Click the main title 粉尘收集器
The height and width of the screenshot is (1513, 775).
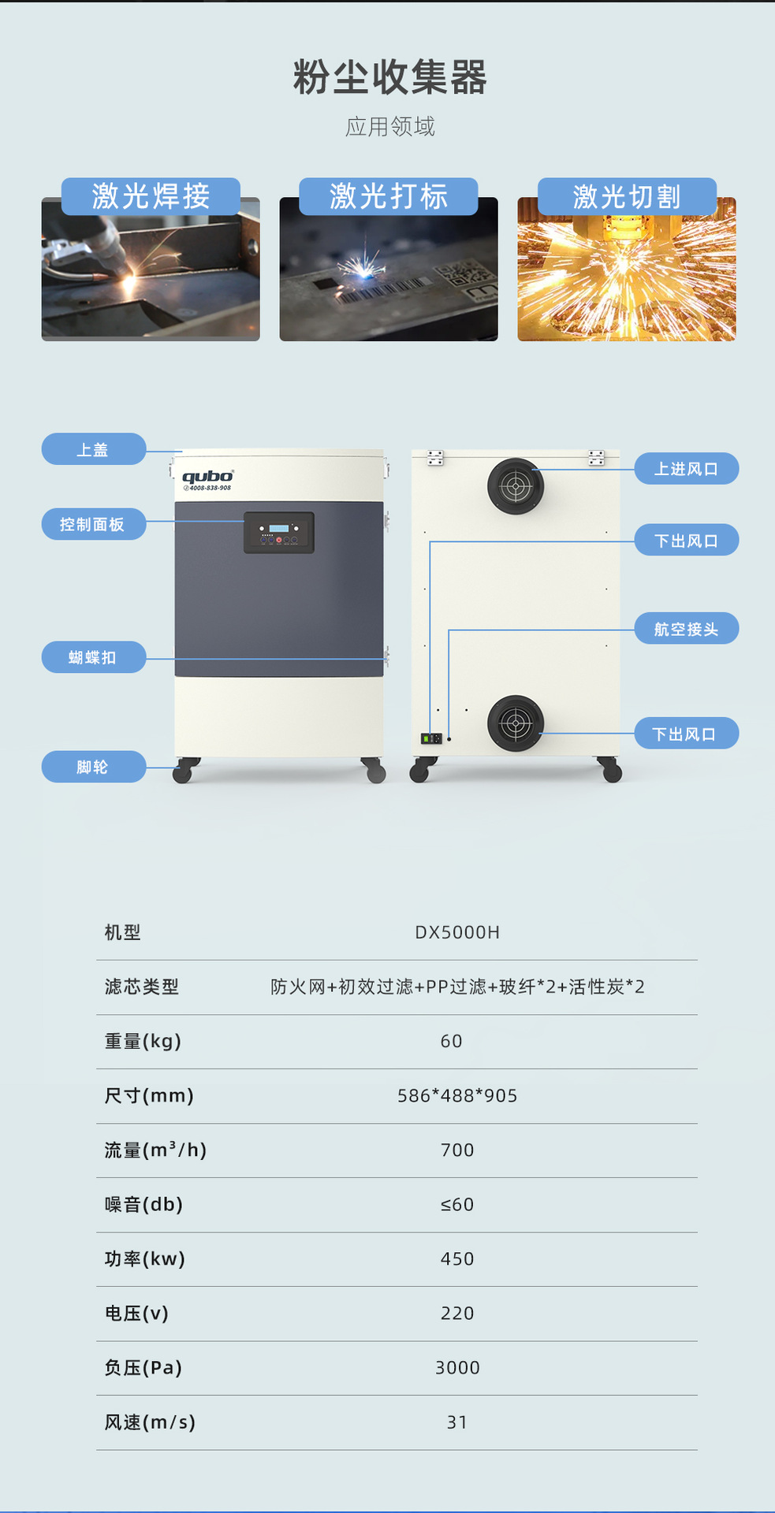point(389,77)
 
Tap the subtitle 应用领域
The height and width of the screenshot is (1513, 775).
point(389,126)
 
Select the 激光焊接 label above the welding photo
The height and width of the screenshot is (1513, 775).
point(151,196)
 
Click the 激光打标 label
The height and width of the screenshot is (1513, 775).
point(388,196)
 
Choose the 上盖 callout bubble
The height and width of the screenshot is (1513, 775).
point(93,449)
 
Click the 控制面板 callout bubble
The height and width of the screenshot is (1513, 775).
point(93,524)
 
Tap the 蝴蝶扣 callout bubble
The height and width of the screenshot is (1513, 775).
point(93,657)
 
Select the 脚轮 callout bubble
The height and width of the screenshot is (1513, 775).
point(93,767)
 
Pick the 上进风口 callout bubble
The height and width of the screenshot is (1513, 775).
point(686,469)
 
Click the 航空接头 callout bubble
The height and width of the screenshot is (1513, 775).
point(686,629)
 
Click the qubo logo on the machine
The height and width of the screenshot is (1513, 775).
point(207,478)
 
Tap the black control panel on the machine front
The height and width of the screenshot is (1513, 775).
point(278,533)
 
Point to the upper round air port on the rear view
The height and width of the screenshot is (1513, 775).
point(516,486)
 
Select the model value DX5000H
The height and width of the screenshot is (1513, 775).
point(457,932)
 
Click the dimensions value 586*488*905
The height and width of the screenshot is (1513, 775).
point(457,1095)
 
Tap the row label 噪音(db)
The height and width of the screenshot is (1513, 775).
point(143,1204)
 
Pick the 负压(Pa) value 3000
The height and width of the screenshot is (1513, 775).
point(457,1367)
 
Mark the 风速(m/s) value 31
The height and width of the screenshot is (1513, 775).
point(457,1422)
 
